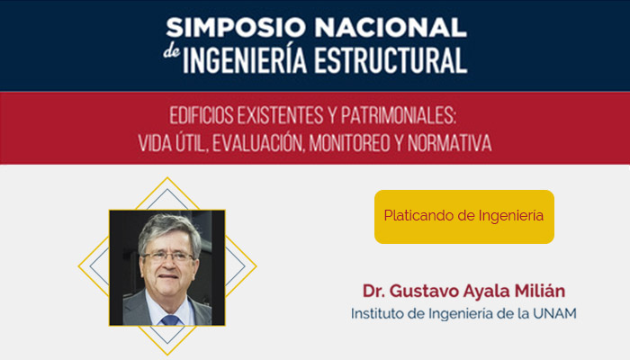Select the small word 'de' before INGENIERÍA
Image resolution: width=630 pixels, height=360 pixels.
coord(172,54)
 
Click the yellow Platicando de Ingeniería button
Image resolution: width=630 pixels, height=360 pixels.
coord(463,217)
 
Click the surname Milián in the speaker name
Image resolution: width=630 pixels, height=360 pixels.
coord(541,292)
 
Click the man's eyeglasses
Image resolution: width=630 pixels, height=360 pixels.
coord(168,256)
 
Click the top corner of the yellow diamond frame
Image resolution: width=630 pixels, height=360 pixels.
coord(167,178)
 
